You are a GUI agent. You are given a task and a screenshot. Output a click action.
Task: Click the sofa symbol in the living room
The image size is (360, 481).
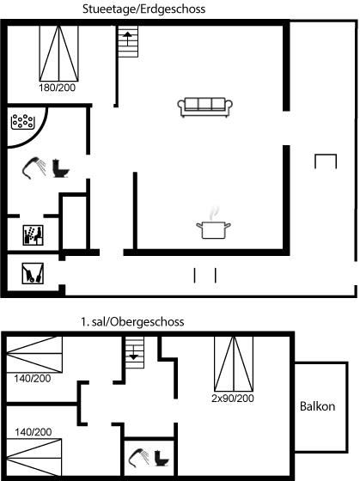tap(205, 107)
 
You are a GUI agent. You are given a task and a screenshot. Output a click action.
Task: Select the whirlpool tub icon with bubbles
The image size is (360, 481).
tap(22, 121)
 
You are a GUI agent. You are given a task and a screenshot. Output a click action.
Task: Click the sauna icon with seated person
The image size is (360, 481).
tap(34, 235)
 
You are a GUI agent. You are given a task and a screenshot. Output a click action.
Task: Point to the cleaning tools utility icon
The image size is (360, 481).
tap(33, 273)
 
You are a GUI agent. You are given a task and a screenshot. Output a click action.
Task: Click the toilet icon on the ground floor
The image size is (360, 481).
tap(61, 168)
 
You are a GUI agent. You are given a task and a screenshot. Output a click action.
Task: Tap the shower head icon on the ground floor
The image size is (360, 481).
tap(34, 167)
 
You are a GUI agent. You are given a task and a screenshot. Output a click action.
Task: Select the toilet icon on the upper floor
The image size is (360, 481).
tap(162, 458)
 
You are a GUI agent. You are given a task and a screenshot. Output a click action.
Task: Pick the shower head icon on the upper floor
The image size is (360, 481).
tap(138, 458)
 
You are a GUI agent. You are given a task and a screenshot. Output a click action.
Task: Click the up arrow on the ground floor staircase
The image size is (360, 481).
tap(127, 39)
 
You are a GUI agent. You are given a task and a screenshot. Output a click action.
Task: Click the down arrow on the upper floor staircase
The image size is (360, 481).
tap(133, 353)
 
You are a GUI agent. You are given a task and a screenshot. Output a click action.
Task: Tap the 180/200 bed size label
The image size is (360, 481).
tap(57, 88)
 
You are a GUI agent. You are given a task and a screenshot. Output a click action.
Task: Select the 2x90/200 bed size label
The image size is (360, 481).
tap(233, 399)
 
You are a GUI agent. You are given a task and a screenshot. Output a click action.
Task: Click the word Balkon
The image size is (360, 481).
tap(317, 406)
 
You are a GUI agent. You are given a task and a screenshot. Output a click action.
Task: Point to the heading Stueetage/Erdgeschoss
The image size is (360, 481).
tap(143, 9)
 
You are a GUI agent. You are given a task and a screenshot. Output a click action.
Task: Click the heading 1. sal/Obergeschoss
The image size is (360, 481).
tap(132, 322)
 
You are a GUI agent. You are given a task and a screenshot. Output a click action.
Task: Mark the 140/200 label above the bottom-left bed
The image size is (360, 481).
tap(34, 432)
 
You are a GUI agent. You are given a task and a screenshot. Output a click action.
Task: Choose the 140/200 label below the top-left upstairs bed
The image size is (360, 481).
tap(33, 379)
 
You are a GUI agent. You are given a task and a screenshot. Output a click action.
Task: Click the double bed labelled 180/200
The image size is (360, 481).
tap(59, 53)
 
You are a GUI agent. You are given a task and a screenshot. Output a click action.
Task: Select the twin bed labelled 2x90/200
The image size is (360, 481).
tap(234, 364)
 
